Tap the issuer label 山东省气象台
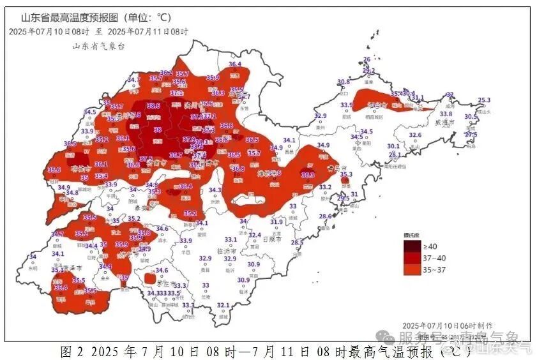tap(98, 46)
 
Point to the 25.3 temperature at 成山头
tap(484, 100)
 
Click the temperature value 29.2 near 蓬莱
tap(368, 71)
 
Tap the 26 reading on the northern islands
tap(367, 59)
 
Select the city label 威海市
tap(443, 122)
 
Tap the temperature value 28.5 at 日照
tap(297, 243)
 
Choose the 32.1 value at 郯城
tap(223, 305)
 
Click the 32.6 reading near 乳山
tap(415, 135)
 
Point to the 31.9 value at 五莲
tap(276, 222)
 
